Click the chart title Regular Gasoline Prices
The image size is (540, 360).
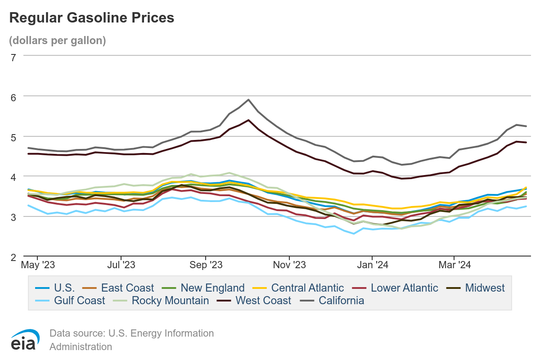(x=91, y=18)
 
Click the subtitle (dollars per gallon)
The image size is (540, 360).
(x=57, y=40)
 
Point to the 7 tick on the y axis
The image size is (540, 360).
(x=13, y=57)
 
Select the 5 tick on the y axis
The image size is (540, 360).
(x=13, y=137)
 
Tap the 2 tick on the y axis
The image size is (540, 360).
(x=13, y=257)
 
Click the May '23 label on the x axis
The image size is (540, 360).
(x=38, y=265)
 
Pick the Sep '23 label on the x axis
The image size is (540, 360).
(x=205, y=265)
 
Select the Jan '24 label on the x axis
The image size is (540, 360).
(x=373, y=265)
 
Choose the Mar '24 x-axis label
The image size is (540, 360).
(x=454, y=265)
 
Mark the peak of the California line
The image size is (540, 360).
(x=248, y=99)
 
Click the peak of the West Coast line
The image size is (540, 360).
(x=248, y=120)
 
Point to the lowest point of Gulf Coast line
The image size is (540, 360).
(x=354, y=234)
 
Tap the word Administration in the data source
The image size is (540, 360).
(x=81, y=346)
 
